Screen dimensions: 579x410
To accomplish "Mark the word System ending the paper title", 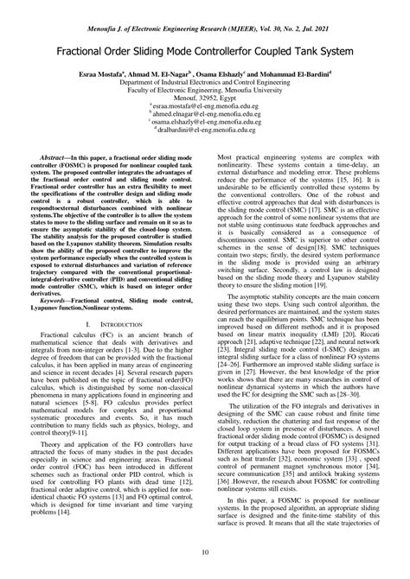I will click(x=339, y=51).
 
